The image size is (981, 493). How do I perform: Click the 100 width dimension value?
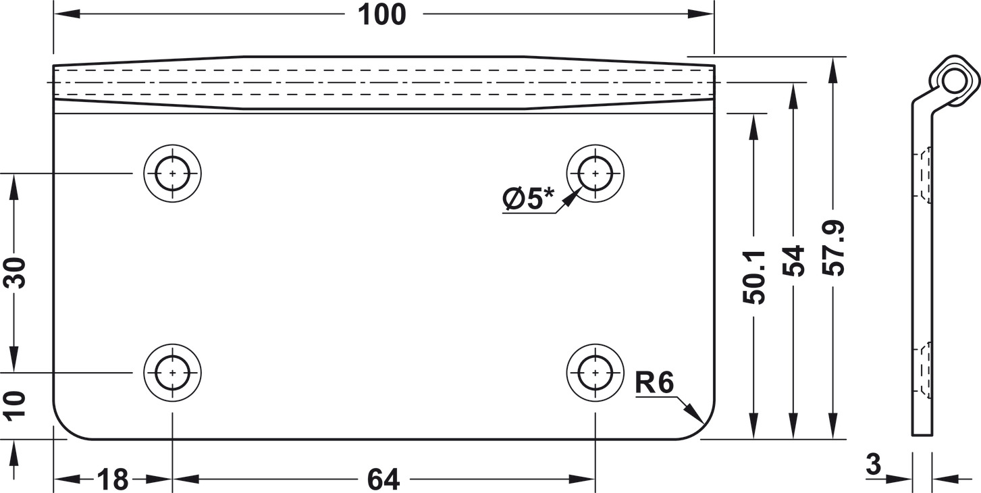coord(382,15)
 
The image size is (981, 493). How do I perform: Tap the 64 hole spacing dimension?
coord(383,479)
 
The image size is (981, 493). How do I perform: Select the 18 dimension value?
coord(113,479)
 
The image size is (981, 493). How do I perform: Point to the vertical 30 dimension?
coord(14,273)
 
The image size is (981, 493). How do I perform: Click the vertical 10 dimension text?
coord(14,407)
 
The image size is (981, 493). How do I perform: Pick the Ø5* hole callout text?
coord(528,199)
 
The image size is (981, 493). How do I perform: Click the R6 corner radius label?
coord(654,382)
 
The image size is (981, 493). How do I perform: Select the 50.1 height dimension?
coord(753,277)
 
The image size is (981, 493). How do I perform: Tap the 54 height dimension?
coord(793,261)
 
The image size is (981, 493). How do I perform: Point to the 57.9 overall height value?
coord(832,248)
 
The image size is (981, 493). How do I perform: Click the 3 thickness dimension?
coord(873,465)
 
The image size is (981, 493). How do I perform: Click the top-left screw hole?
coord(173,173)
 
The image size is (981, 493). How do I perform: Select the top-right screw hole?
coord(595,173)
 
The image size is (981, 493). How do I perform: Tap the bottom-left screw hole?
coord(173,373)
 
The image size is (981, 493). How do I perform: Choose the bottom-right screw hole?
coord(595,373)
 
